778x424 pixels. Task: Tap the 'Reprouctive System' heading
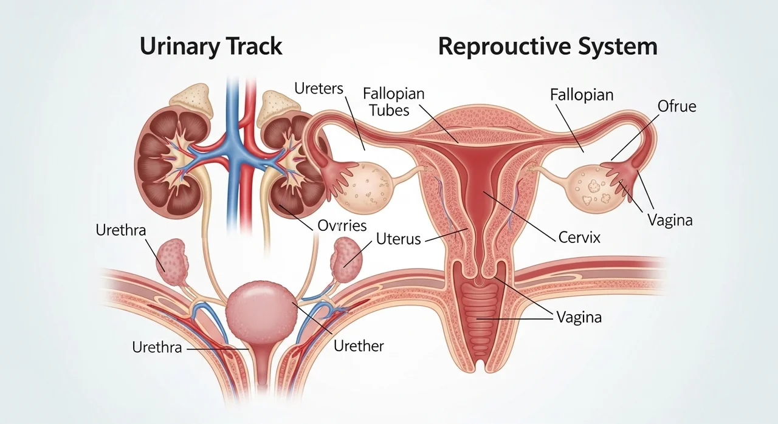point(548,47)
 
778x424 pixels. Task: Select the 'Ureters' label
point(318,89)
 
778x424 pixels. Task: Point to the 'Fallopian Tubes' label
point(393,102)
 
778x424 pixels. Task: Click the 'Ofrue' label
point(676,106)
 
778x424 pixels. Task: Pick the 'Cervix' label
point(579,238)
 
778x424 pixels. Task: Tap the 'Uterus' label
point(398,239)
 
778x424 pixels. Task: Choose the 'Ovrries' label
point(342,225)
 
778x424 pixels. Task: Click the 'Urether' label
point(359,346)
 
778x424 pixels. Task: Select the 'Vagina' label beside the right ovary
point(670,220)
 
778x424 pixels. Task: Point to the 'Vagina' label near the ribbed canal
point(579,317)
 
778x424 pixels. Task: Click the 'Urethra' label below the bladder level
point(157,347)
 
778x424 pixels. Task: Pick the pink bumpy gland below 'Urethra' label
point(172,262)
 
